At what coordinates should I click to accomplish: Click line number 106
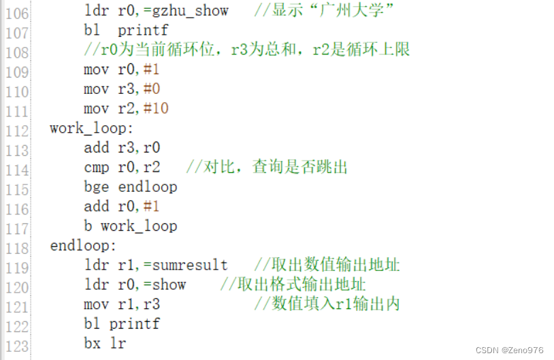point(16,12)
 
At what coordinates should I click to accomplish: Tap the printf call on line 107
point(143,31)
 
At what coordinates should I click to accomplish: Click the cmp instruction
point(96,167)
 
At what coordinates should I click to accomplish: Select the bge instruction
point(96,186)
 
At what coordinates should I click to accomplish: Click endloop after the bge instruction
point(148,186)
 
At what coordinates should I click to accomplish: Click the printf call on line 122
point(134,323)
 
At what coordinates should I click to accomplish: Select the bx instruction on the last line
point(92,343)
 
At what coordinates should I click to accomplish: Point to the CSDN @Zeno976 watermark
point(509,350)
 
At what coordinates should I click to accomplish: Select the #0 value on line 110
point(152,89)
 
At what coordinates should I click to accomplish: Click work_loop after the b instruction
point(139,226)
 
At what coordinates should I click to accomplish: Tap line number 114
point(16,169)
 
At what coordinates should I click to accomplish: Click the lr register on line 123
point(118,343)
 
